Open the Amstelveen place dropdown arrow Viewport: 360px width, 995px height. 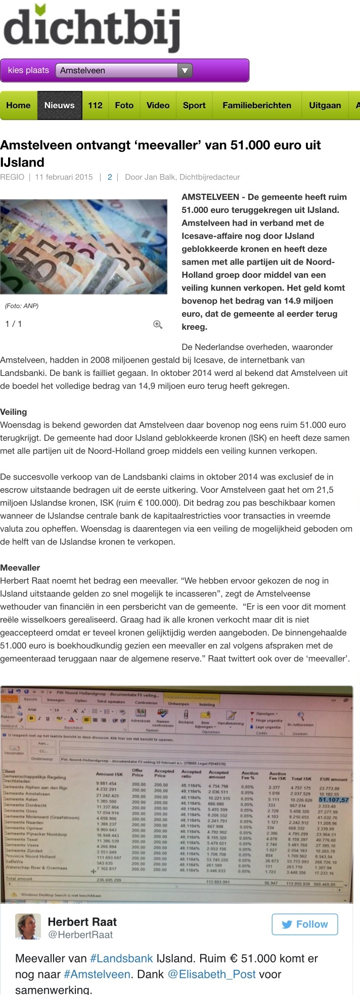click(x=185, y=70)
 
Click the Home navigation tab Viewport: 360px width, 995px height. click(x=19, y=105)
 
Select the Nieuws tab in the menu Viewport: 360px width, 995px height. click(x=60, y=105)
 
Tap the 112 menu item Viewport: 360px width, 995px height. click(x=95, y=105)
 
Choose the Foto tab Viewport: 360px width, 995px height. click(x=124, y=105)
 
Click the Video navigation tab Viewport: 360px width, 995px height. click(x=158, y=105)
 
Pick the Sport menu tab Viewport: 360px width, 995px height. click(x=194, y=105)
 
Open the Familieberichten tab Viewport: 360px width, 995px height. click(x=257, y=105)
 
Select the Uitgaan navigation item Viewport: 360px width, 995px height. click(x=325, y=105)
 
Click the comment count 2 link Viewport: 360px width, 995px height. click(x=109, y=177)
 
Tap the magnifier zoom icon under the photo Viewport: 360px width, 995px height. click(x=158, y=324)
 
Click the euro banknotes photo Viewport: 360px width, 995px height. click(x=83, y=246)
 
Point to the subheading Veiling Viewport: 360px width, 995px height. click(x=14, y=412)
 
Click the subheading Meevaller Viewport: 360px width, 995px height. click(x=20, y=568)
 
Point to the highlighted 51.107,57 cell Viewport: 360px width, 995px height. click(x=334, y=800)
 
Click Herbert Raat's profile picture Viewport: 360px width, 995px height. click(x=28, y=927)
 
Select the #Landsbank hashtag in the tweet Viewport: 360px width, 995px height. click(x=121, y=958)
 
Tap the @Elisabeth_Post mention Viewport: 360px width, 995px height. click(x=211, y=974)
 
